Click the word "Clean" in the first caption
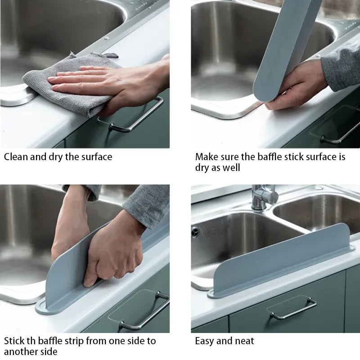[x=17, y=157]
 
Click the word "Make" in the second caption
[x=207, y=157]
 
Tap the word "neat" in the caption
[x=244, y=341]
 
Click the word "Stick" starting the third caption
[x=15, y=341]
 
